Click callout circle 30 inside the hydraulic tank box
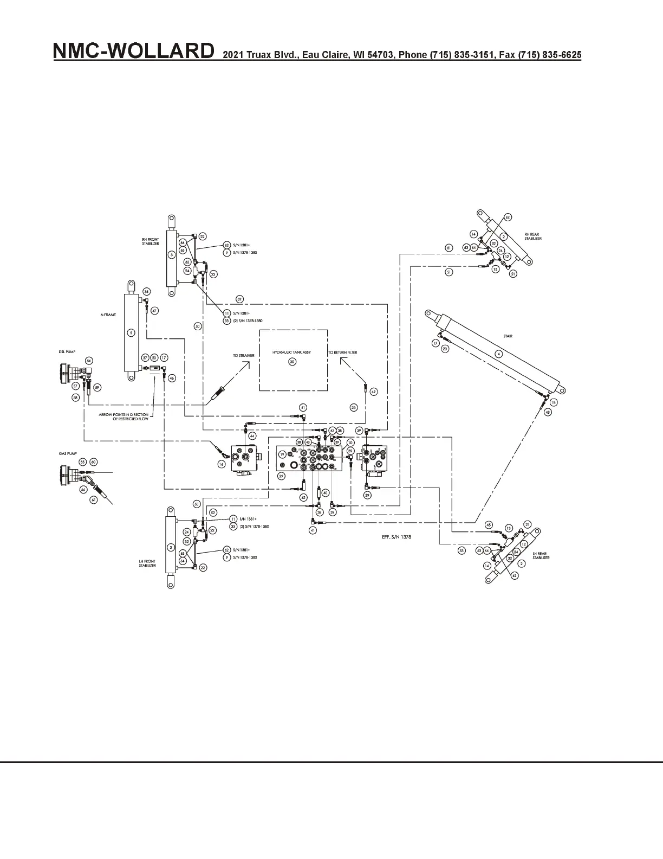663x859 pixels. tap(292, 362)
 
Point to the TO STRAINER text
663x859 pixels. tap(244, 356)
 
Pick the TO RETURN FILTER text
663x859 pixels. tap(343, 352)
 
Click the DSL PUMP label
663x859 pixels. tap(67, 351)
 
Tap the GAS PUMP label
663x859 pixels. tap(67, 453)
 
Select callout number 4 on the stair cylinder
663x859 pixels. tap(499, 354)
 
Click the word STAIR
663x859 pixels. tap(508, 336)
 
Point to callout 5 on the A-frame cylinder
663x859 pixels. tap(130, 332)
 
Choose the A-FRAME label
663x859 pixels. tap(108, 314)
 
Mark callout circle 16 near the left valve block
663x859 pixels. tap(222, 464)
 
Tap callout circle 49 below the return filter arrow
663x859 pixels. tap(373, 392)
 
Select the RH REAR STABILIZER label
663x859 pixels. tap(532, 236)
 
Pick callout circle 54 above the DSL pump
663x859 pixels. tap(89, 360)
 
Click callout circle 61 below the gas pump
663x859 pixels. tap(94, 499)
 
